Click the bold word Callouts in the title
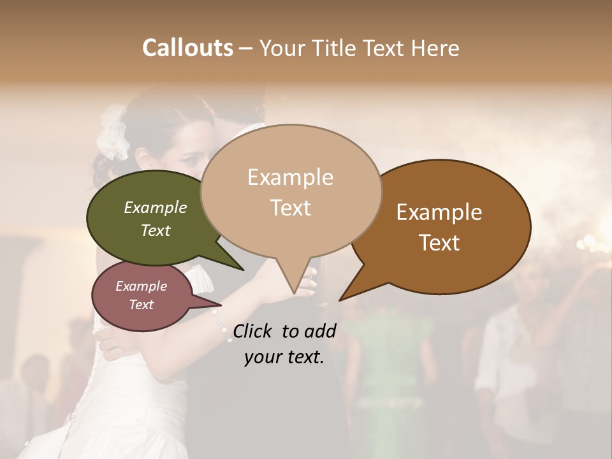(x=187, y=48)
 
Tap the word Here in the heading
(x=435, y=48)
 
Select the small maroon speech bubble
(x=137, y=296)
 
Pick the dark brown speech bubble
(x=446, y=226)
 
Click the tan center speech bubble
(x=290, y=191)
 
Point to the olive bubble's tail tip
(x=242, y=269)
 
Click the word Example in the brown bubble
(x=439, y=212)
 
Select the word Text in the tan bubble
(x=290, y=208)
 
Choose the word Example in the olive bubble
(x=156, y=207)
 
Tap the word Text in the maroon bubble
(x=142, y=305)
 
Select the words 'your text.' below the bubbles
(x=284, y=357)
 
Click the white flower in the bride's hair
(x=113, y=131)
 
